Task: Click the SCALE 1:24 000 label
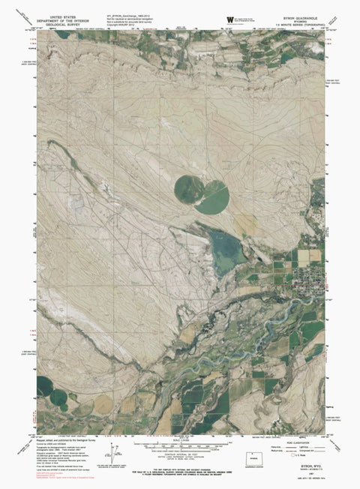pos(181,439)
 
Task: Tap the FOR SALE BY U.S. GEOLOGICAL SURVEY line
pos(180,471)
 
